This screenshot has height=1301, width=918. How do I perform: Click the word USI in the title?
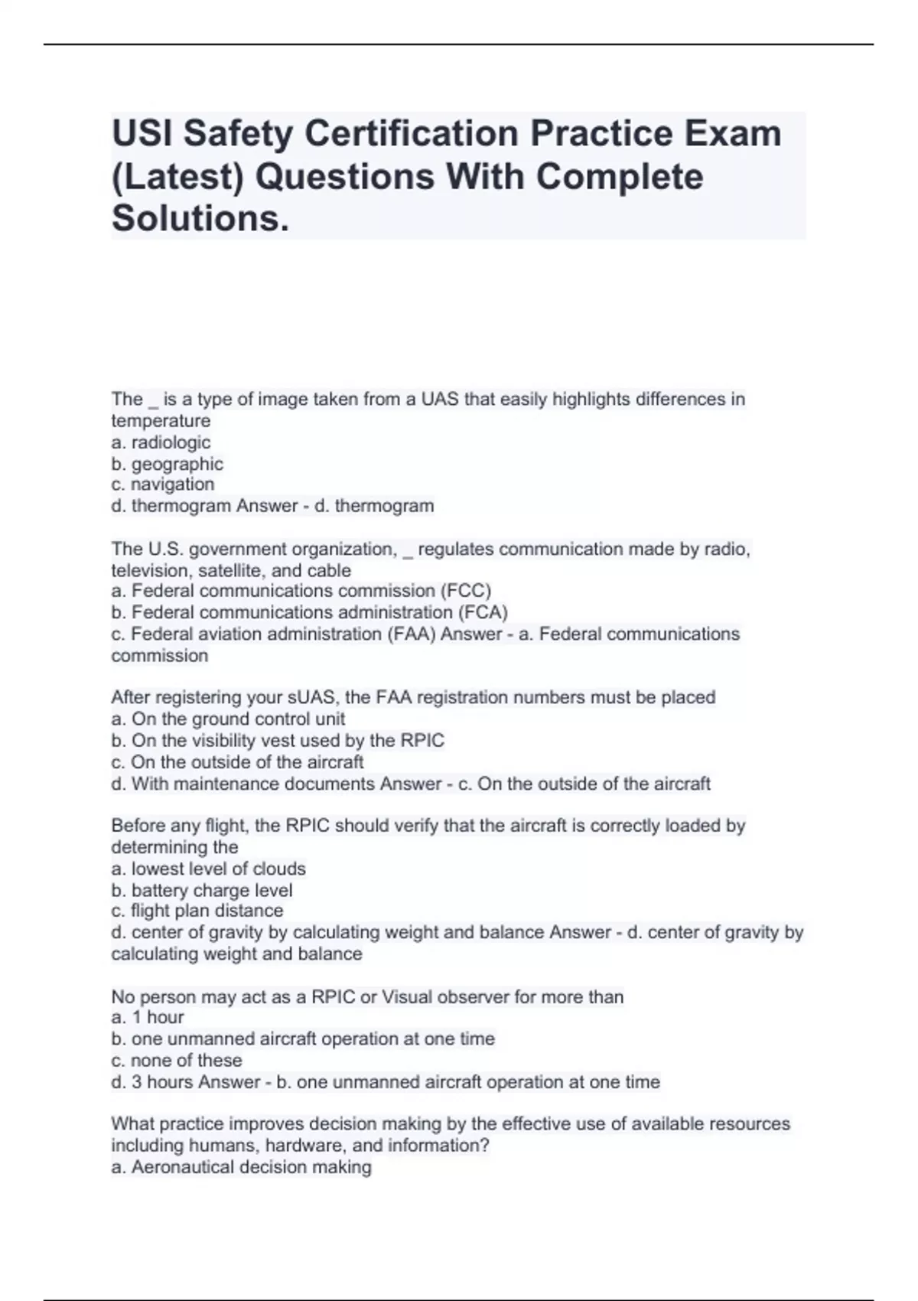[x=142, y=134]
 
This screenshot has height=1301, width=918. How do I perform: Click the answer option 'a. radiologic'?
[x=161, y=442]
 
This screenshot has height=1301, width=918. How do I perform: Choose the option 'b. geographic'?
[x=167, y=464]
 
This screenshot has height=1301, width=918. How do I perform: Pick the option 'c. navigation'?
[x=163, y=484]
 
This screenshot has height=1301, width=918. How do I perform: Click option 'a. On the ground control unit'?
[x=228, y=719]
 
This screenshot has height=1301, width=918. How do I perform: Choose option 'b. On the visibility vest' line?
[x=277, y=740]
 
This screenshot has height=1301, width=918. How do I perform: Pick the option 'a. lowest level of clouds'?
[x=208, y=869]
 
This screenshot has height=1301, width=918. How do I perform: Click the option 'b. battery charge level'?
[x=202, y=890]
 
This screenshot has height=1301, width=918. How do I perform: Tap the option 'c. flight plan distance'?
[x=197, y=911]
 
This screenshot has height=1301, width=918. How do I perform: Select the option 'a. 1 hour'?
[x=148, y=1017]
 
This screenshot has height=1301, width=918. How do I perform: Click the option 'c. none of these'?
[x=177, y=1060]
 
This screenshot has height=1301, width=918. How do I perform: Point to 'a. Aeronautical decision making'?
[x=241, y=1167]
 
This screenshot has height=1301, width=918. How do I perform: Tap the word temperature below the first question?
[x=161, y=421]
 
